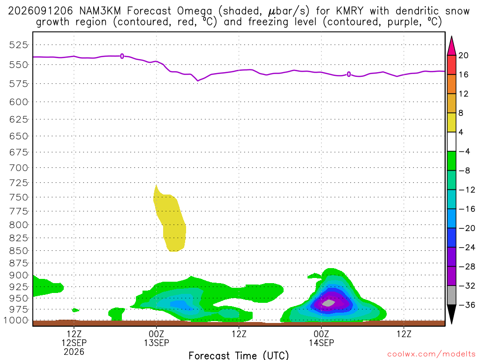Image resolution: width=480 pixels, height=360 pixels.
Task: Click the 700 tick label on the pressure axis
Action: pos(18,168)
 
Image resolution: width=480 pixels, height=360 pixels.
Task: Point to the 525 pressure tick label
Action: pos(18,45)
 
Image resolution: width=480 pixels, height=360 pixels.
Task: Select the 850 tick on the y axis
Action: pos(18,251)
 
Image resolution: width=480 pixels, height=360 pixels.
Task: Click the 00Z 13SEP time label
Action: pos(157,338)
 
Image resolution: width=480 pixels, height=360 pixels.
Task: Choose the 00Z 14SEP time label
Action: pos(322,338)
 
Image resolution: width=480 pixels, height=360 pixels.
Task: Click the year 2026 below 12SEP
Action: pos(74,352)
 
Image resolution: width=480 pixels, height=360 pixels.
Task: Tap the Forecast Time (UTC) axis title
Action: pos(239,355)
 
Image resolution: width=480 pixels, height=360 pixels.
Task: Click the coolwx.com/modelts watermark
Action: pos(431,354)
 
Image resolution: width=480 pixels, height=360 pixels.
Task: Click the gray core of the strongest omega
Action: pos(329,303)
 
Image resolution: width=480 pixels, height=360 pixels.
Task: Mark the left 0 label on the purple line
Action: pos(122,56)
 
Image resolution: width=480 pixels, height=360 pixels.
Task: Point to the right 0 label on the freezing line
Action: pos(349,75)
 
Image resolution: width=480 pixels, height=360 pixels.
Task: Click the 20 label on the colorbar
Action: pos(464,55)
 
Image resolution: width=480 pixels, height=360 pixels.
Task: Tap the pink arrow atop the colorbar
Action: pos(451,46)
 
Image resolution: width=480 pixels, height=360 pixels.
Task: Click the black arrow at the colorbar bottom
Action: pos(451,314)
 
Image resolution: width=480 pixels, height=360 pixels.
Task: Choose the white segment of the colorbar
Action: pos(451,142)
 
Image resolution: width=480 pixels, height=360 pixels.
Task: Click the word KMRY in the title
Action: pos(350,11)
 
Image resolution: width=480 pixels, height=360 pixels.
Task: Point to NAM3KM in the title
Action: pos(100,11)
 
